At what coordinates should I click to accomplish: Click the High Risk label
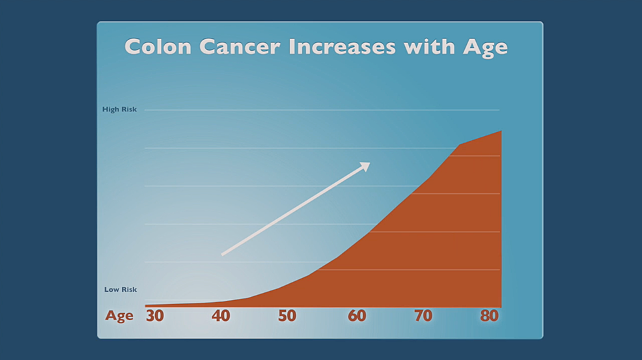(x=120, y=109)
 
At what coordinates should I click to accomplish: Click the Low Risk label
(x=120, y=290)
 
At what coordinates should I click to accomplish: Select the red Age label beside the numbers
(x=119, y=316)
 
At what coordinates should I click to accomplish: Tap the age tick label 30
(x=154, y=316)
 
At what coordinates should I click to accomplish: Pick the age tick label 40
(x=221, y=316)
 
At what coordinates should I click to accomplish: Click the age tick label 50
(x=287, y=316)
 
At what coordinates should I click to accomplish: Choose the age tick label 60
(x=357, y=316)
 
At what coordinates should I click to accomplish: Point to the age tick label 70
(x=423, y=316)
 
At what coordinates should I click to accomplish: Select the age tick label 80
(x=490, y=316)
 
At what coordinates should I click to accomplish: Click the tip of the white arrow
(x=369, y=163)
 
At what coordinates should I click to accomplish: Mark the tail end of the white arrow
(x=223, y=255)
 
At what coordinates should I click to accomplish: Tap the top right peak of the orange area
(x=501, y=131)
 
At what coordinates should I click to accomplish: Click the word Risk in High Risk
(x=128, y=109)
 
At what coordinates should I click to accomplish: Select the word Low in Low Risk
(x=111, y=290)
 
